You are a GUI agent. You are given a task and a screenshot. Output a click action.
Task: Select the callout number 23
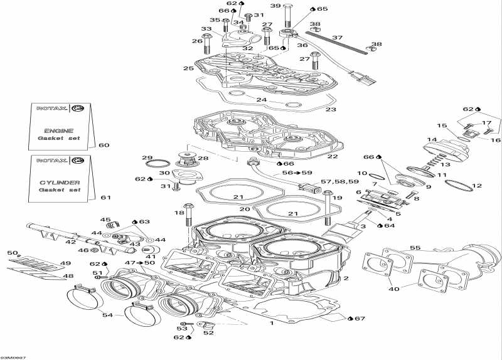[x=331, y=109]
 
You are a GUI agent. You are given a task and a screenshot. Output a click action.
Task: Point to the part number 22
[x=332, y=156]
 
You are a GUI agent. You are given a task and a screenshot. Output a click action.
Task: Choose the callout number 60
[x=104, y=146]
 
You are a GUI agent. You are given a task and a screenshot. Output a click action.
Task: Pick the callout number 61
[x=105, y=198]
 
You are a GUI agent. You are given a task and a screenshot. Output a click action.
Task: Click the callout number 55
[x=415, y=248]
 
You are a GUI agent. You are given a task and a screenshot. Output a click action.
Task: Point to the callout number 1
[x=271, y=324]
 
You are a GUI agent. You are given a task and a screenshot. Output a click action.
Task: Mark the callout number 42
[x=71, y=242]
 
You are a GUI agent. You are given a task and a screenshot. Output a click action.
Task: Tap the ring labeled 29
[x=153, y=164]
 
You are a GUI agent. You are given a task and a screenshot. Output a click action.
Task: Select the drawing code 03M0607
[x=14, y=356]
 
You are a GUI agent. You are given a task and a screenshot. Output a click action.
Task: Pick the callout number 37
[x=338, y=38]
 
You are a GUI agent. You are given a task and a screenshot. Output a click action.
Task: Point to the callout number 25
[x=188, y=68]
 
